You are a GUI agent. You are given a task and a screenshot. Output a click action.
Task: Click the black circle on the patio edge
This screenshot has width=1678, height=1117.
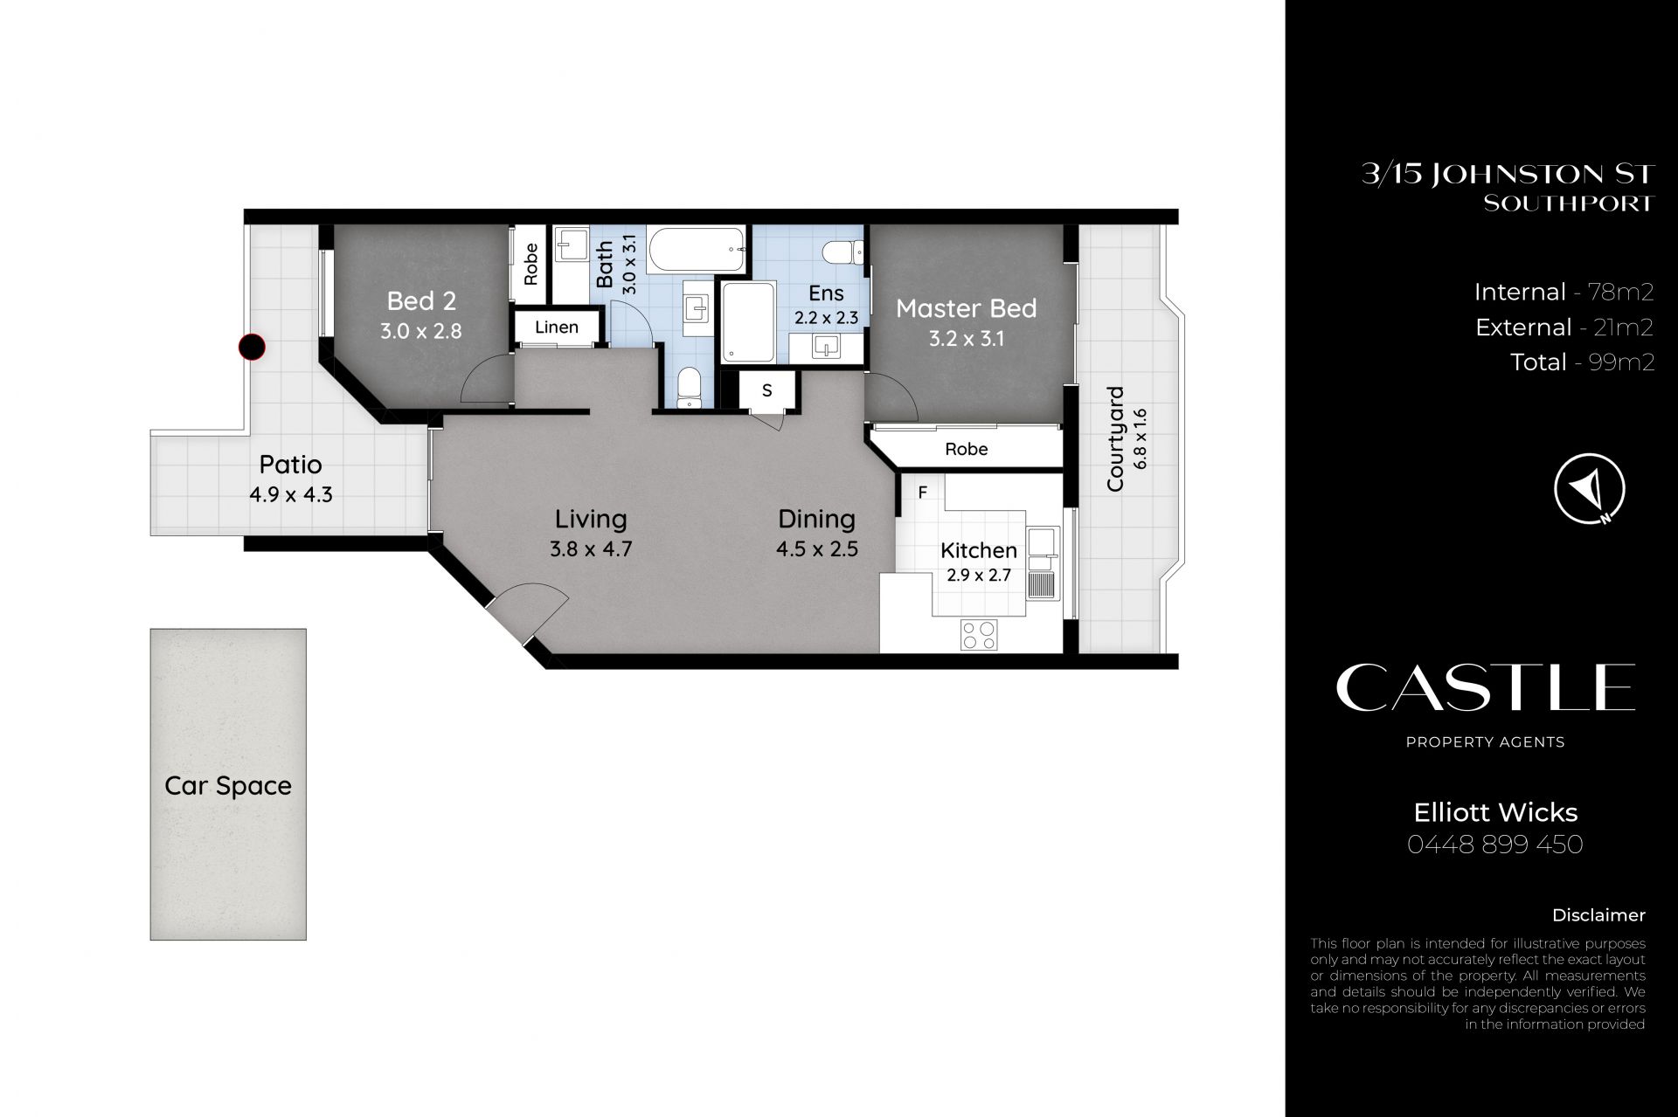252,347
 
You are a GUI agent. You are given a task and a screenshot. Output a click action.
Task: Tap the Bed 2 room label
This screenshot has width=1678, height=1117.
421,301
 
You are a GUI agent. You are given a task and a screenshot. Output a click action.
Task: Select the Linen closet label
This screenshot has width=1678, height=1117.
557,328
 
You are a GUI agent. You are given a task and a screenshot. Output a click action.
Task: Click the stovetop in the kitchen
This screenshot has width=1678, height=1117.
979,634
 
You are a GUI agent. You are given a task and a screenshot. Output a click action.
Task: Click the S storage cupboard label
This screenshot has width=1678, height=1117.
766,390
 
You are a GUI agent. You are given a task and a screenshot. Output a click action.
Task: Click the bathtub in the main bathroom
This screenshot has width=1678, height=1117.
700,250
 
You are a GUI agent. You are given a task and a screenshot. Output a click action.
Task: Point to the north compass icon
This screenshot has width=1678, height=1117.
1590,488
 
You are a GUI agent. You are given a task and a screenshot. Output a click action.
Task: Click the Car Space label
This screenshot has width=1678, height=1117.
228,786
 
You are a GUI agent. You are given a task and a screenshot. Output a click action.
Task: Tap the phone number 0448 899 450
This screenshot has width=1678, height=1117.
1495,845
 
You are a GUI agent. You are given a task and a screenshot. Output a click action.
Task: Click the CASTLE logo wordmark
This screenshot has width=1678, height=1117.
1486,687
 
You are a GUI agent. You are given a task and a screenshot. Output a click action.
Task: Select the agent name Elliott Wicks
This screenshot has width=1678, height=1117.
1495,812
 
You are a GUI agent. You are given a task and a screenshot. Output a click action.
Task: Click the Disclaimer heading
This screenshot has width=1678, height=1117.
1598,915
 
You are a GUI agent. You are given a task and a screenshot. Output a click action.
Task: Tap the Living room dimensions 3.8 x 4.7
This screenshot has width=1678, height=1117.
591,549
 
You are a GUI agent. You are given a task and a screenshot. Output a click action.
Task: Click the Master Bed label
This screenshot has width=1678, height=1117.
967,308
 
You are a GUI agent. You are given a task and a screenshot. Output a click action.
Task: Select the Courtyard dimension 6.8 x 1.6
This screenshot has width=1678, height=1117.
1140,438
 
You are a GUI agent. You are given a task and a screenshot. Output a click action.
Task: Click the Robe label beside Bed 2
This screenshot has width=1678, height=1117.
531,264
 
